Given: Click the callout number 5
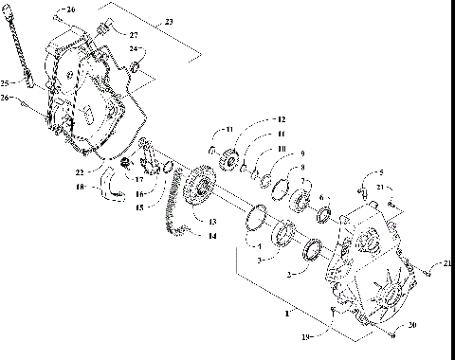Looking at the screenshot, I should coord(381,172).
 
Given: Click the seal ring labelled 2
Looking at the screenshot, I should coord(311,252).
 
